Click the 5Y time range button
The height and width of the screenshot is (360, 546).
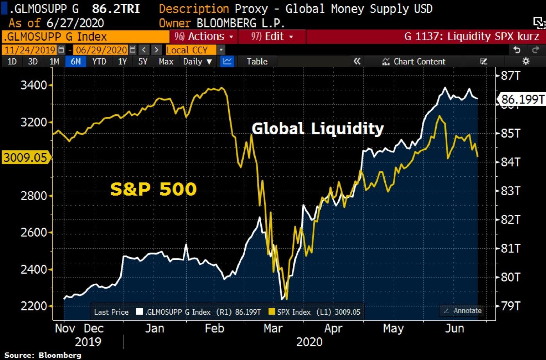[143, 61]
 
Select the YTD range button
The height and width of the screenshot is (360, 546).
[99, 61]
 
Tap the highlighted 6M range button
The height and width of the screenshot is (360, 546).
[75, 61]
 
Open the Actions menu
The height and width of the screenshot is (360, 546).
[203, 37]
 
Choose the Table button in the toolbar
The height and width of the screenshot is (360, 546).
[257, 61]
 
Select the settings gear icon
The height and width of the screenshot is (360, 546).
[526, 61]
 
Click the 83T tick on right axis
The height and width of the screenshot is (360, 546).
[510, 191]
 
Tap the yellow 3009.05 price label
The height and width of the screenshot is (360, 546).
[25, 158]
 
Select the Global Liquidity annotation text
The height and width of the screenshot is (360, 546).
[318, 128]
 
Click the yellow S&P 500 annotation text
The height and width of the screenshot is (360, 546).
[153, 189]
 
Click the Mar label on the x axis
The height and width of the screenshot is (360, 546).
[273, 328]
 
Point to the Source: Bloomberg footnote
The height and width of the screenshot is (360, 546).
[43, 355]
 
